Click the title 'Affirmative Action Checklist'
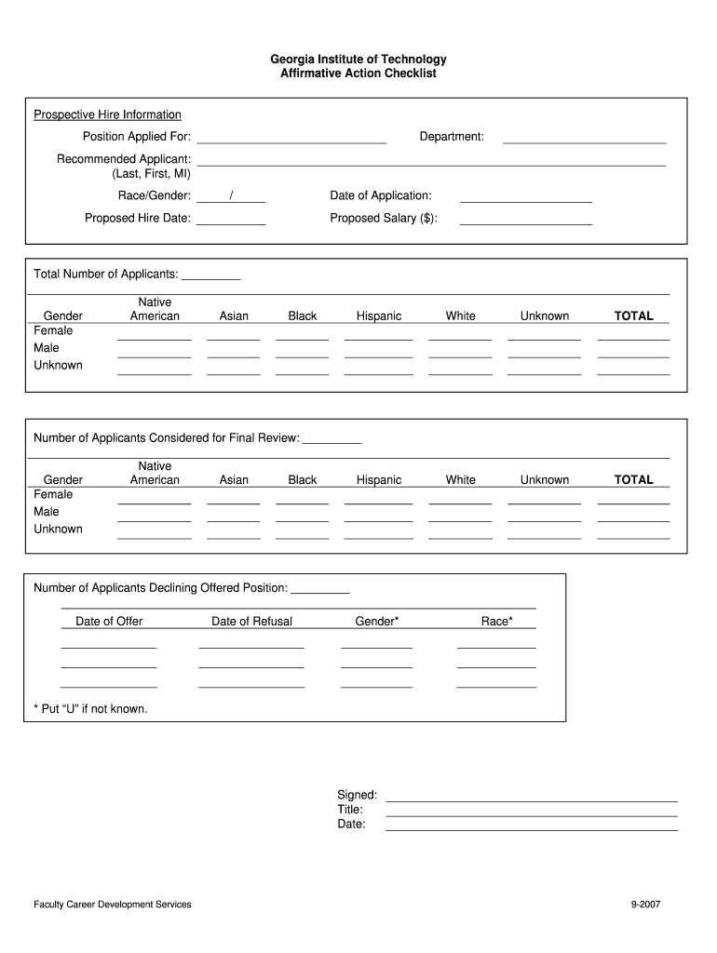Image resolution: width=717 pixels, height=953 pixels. coord(358,74)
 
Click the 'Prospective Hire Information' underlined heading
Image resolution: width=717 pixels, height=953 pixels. coord(107,114)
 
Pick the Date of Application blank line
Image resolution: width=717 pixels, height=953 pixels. coord(526,198)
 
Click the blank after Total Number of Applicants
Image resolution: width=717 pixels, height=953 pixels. coord(211,276)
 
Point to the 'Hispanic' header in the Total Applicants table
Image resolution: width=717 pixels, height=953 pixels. coord(379,316)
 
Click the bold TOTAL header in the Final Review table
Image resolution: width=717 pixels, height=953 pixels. coord(633,480)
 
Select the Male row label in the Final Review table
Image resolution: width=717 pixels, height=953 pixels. coord(47,512)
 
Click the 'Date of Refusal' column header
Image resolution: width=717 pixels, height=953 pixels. coord(251,622)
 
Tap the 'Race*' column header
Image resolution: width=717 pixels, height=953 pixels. coord(496,622)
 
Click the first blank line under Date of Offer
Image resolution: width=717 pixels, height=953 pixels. coord(109,645)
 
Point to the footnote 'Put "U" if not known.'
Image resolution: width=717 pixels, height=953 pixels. coord(90,709)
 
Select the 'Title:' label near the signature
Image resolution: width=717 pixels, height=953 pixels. coord(350,810)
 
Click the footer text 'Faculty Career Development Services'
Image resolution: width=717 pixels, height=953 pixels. coord(112,905)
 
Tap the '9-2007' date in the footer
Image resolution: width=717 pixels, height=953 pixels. coord(645,905)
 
